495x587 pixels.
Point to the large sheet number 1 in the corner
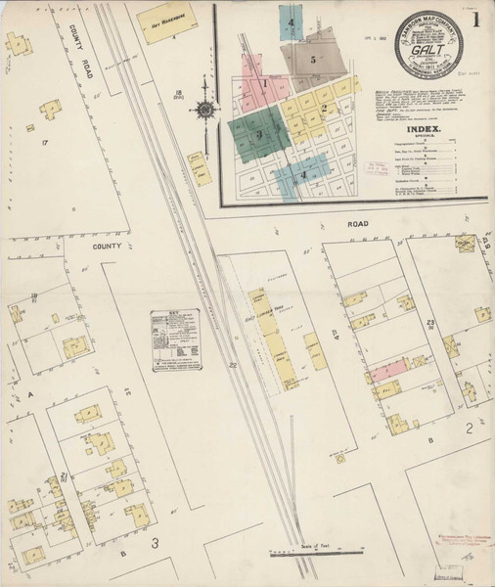(475, 20)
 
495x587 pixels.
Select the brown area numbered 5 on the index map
(313, 58)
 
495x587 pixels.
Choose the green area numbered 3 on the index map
(259, 132)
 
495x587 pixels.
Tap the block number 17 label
(45, 144)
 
